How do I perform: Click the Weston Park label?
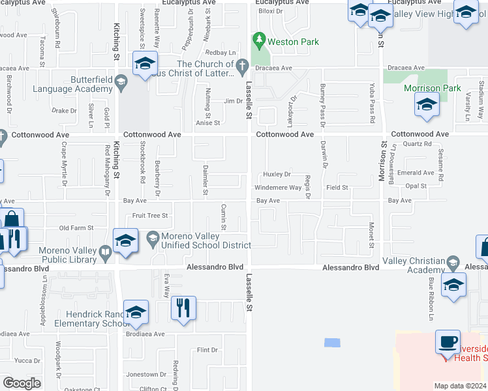pos(293,42)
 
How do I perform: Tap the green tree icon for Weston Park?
pos(259,41)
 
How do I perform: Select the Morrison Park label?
pos(433,88)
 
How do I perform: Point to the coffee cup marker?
pos(448,342)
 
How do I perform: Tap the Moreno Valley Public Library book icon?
pos(104,251)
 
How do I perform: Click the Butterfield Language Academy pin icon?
pos(120,82)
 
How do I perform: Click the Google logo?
pos(22,383)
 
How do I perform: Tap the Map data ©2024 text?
pos(460,386)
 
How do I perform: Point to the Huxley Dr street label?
pos(277,175)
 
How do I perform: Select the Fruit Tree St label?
pos(150,216)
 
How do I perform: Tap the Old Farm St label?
pos(77,228)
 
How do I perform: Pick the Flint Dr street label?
pos(207,350)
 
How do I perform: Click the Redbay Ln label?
pos(220,53)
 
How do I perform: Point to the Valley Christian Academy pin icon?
pos(453,263)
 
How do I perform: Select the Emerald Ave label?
pos(420,173)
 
